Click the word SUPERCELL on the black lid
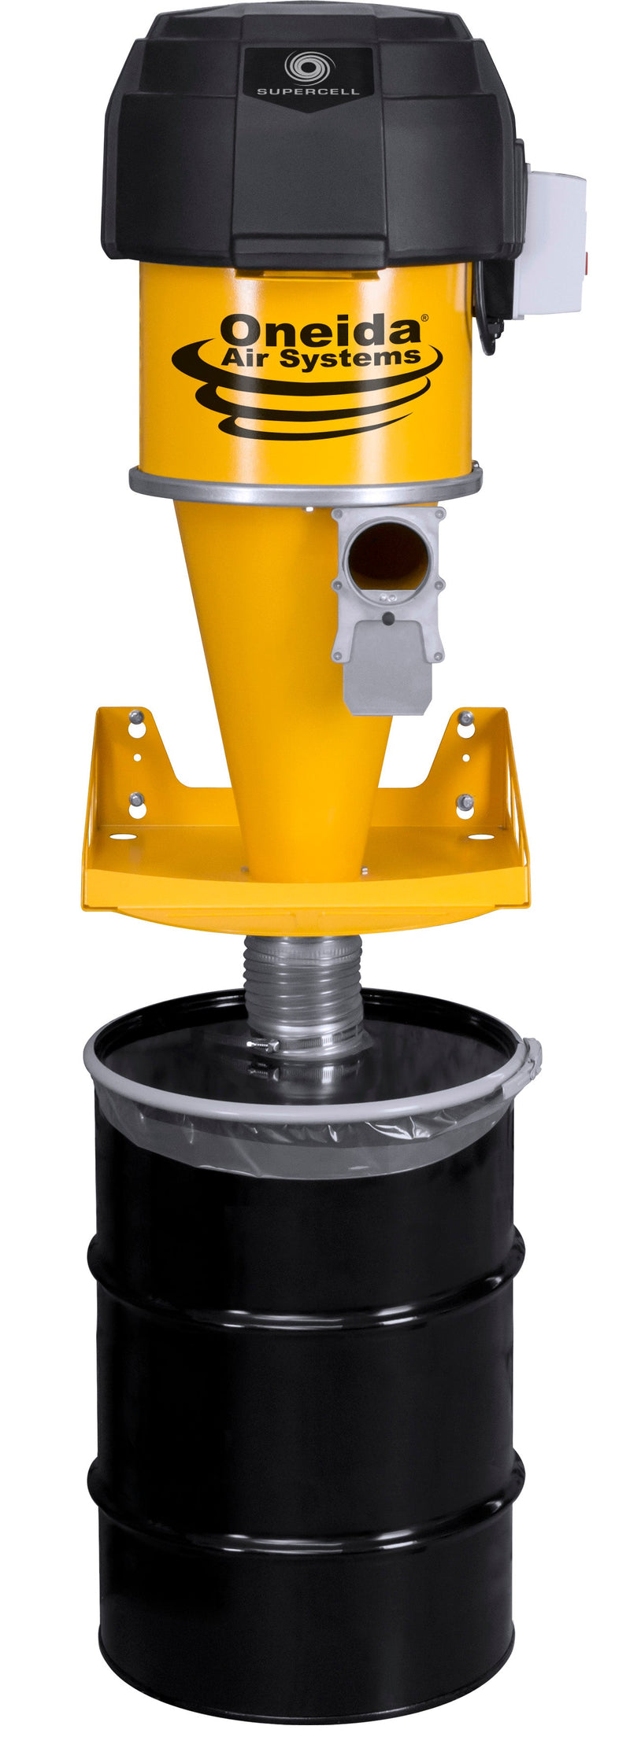(308, 91)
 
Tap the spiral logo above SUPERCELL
(308, 65)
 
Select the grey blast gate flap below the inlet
(387, 669)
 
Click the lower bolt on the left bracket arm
(136, 799)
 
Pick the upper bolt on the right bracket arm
(465, 717)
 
